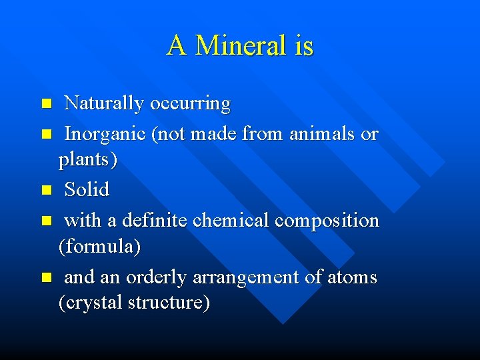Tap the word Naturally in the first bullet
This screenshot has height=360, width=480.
[x=104, y=104]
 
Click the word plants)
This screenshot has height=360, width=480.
[x=87, y=161]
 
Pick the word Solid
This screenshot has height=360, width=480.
[x=87, y=189]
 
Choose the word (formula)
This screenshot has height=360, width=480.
[x=99, y=247]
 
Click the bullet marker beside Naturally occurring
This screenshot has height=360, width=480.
[x=46, y=104]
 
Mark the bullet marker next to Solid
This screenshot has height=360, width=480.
[x=46, y=190]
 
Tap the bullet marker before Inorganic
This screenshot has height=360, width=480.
[x=46, y=135]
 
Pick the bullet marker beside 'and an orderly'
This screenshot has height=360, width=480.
[x=46, y=277]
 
